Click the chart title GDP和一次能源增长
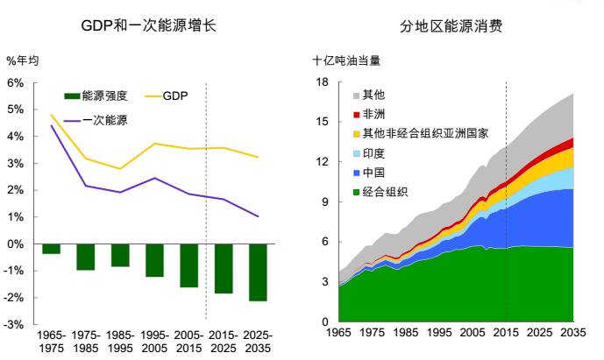click(x=148, y=26)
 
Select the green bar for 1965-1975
click(x=51, y=249)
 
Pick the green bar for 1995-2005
click(x=154, y=260)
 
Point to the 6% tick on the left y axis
click(x=15, y=82)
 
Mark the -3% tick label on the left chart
click(x=15, y=325)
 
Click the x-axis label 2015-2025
click(x=223, y=342)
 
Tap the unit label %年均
click(x=23, y=60)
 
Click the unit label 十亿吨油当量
click(x=346, y=60)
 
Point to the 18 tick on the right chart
click(x=321, y=82)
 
